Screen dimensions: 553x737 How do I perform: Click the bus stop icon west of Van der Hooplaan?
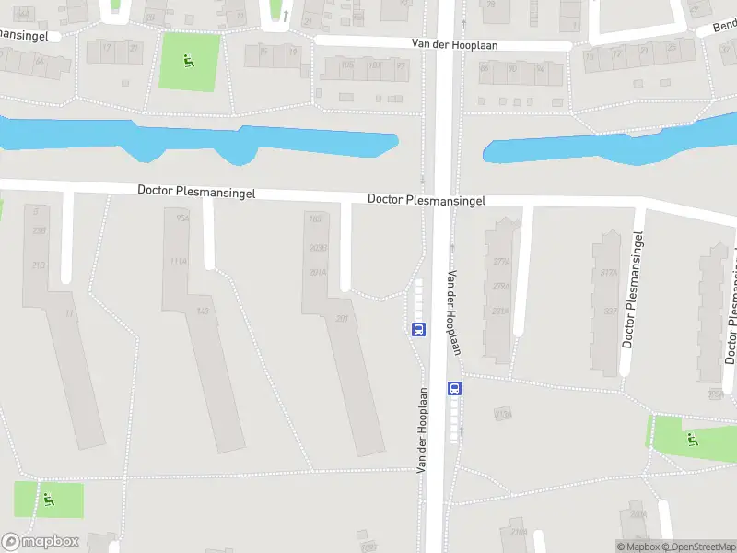[418, 328]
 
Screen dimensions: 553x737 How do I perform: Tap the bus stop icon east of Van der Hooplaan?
[454, 388]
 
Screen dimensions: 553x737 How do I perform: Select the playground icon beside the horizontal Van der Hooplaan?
[189, 62]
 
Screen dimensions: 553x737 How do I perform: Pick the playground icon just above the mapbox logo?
[48, 500]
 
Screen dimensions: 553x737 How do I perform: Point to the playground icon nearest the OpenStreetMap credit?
[692, 440]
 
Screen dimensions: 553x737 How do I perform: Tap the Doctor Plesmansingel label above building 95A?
[195, 191]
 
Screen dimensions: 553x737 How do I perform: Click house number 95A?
[182, 219]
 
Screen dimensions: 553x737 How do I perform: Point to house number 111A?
[178, 261]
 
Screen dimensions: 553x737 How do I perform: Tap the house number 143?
[203, 311]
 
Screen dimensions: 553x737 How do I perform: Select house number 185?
[316, 219]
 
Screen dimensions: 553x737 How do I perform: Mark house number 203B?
[318, 248]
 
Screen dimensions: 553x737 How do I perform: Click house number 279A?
[500, 287]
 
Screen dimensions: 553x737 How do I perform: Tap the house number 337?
[609, 311]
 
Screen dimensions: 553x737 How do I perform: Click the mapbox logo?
[41, 542]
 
